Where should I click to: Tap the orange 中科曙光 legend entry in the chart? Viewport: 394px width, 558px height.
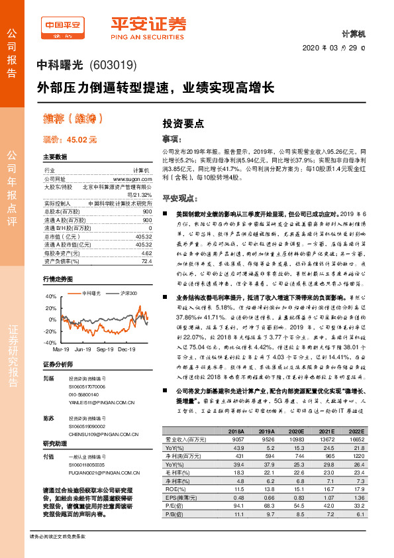(88, 292)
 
